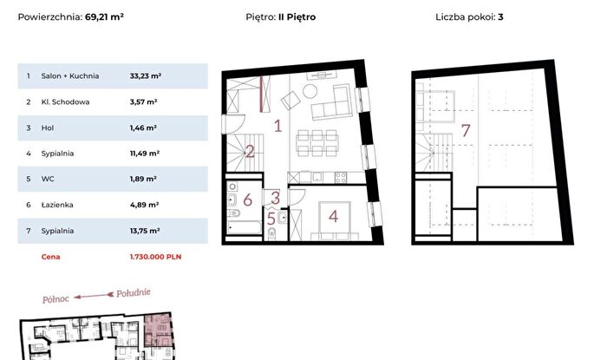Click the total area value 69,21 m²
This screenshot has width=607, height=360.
click(x=105, y=17)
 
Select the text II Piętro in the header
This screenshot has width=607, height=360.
click(x=297, y=17)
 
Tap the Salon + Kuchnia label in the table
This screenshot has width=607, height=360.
click(x=70, y=76)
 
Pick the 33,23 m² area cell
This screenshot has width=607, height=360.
click(x=146, y=76)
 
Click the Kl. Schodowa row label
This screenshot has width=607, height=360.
click(x=65, y=102)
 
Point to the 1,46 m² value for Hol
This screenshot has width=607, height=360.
click(x=143, y=128)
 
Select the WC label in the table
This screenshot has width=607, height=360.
click(x=48, y=180)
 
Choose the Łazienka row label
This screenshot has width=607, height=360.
click(x=57, y=205)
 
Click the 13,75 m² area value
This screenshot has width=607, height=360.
click(x=145, y=231)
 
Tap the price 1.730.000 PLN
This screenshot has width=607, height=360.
click(x=155, y=257)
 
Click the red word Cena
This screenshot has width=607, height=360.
click(x=50, y=257)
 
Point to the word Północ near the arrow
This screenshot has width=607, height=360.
click(x=55, y=298)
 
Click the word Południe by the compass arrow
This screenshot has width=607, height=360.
click(x=134, y=293)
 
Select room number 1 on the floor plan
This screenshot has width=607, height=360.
click(x=277, y=126)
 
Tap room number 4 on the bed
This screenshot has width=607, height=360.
click(x=333, y=216)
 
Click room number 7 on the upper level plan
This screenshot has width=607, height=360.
click(x=466, y=130)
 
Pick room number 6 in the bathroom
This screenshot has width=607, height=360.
click(x=247, y=200)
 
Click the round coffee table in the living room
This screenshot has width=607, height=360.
click(x=310, y=91)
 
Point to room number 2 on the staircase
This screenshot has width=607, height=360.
click(x=250, y=151)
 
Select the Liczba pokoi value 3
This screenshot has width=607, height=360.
click(x=500, y=17)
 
